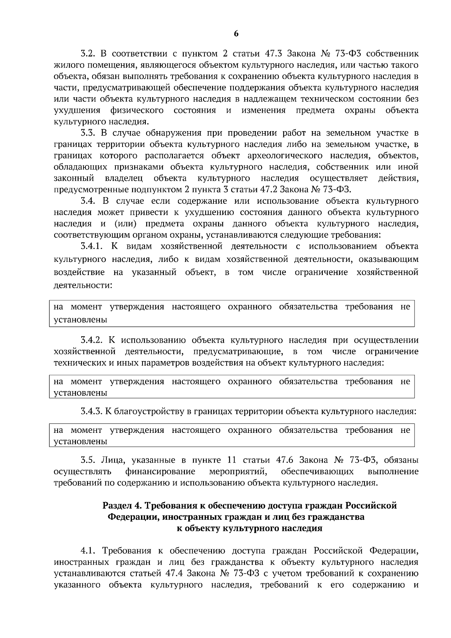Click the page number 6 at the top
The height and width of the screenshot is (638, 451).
click(236, 34)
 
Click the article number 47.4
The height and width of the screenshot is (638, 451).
click(174, 574)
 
